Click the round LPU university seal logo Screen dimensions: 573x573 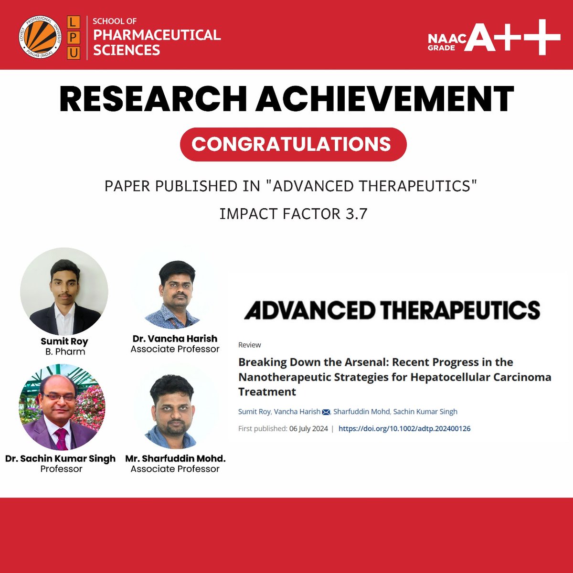tap(40, 38)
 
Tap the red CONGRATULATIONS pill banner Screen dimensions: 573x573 tap(293, 144)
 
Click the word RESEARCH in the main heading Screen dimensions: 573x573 tap(152, 99)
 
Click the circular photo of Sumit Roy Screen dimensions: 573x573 tap(64, 291)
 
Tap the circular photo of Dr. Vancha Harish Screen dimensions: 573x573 tap(175, 294)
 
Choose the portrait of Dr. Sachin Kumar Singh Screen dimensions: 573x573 tap(62, 407)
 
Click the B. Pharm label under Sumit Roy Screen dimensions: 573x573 tap(64, 351)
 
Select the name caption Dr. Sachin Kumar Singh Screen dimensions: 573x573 tap(61, 458)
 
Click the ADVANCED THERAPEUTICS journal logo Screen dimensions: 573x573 tap(392, 310)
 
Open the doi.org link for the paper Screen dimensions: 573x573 tap(404, 428)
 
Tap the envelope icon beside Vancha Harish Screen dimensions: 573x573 tap(326, 412)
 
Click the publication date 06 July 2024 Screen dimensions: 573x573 tap(308, 428)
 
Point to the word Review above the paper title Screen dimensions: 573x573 tap(249, 345)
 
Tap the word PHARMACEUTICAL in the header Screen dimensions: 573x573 tap(157, 35)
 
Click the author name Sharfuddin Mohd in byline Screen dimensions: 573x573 tap(361, 412)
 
